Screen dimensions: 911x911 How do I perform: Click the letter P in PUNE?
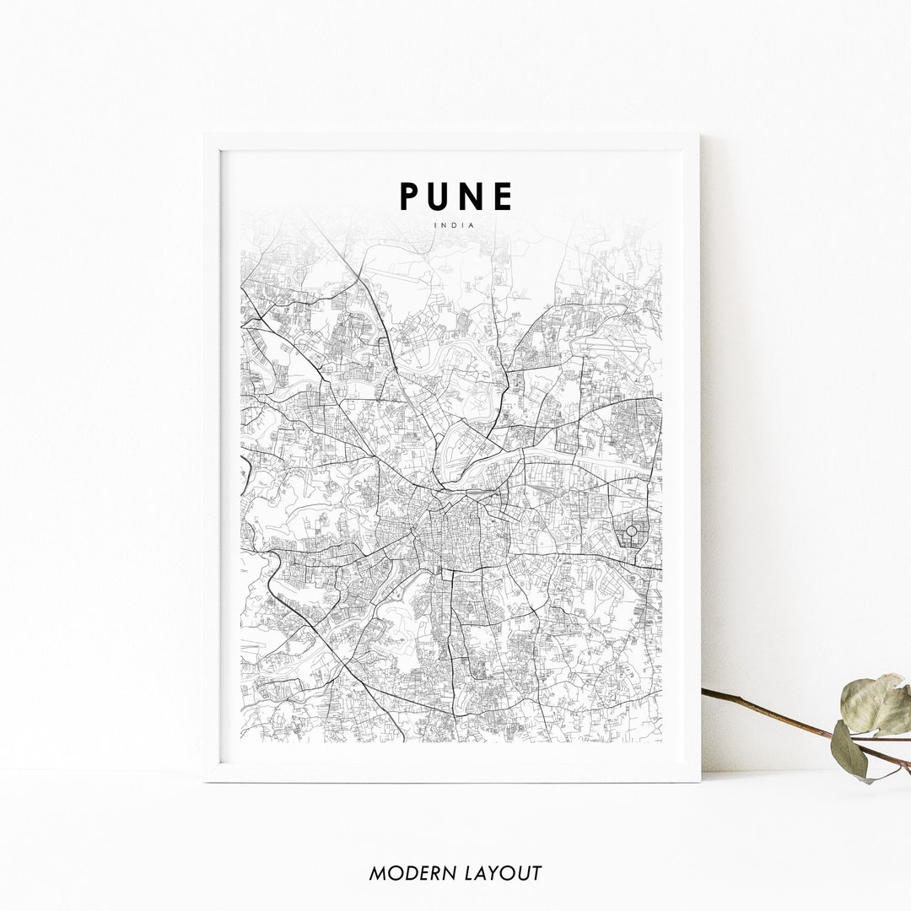[410, 197]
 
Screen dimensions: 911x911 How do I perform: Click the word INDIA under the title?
[455, 225]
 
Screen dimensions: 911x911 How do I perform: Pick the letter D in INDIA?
[455, 225]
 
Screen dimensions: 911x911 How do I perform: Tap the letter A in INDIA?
[472, 225]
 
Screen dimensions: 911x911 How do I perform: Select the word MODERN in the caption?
[409, 874]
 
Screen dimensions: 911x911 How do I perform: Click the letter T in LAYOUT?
[535, 874]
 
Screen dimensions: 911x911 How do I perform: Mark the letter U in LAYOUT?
[520, 874]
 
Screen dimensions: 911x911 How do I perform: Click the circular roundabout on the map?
[631, 531]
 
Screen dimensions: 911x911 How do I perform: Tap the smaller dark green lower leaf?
[848, 750]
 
